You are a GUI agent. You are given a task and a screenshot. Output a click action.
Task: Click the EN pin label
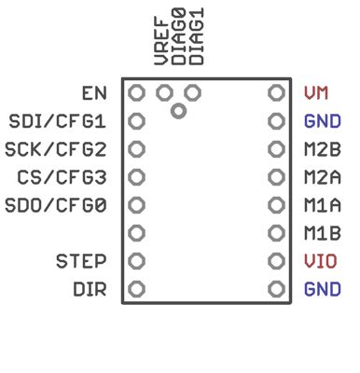94,93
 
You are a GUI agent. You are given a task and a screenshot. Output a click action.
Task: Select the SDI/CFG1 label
57,121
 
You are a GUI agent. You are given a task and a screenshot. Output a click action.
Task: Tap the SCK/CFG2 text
56,149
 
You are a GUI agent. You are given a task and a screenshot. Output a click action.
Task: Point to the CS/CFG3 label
62,177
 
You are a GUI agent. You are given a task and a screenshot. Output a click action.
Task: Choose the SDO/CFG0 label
56,205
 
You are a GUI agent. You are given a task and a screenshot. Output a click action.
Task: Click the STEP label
80,261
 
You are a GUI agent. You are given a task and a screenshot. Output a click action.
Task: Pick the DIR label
90,289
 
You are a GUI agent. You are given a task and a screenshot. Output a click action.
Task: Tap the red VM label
316,93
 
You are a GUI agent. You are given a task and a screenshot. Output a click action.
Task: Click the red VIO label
321,261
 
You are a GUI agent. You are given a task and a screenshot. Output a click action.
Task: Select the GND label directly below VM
322,121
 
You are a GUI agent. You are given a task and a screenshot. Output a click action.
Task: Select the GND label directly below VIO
322,289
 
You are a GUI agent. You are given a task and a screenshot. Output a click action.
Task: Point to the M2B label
322,149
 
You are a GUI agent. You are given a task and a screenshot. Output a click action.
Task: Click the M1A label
322,205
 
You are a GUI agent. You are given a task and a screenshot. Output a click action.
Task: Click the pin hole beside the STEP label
136,261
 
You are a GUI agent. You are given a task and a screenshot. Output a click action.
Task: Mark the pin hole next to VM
275,93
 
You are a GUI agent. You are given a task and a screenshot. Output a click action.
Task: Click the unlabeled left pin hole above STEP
136,233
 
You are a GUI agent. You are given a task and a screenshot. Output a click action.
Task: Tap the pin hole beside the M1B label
275,233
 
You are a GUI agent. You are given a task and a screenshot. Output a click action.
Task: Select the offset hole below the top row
178,111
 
